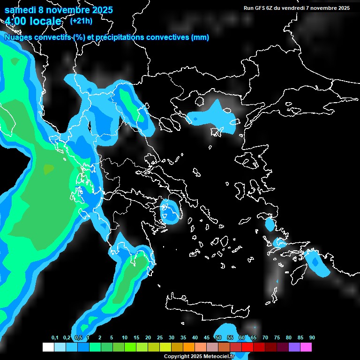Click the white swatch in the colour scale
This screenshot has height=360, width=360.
(x=48, y=347)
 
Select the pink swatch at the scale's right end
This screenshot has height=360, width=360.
(x=306, y=347)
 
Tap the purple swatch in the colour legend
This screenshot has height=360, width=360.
(x=294, y=347)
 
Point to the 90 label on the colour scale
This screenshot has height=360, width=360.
(x=312, y=337)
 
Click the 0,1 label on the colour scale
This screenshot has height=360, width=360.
(x=55, y=337)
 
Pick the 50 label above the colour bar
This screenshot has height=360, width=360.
(x=218, y=337)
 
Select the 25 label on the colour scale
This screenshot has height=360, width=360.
(x=160, y=337)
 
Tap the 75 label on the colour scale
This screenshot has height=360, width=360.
(x=277, y=337)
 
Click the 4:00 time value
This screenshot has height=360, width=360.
(x=17, y=21)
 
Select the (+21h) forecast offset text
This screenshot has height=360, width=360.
(x=81, y=21)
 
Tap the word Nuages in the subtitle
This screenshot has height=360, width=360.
(x=18, y=37)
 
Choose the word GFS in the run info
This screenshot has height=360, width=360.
(x=260, y=7)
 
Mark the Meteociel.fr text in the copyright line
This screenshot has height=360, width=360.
(x=219, y=357)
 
